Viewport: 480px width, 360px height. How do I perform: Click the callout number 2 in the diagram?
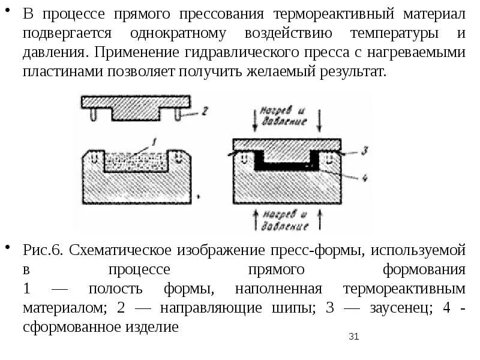tap(204, 110)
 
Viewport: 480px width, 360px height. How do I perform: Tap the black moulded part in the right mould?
tap(286, 164)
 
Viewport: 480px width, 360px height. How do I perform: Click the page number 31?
tap(353, 337)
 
